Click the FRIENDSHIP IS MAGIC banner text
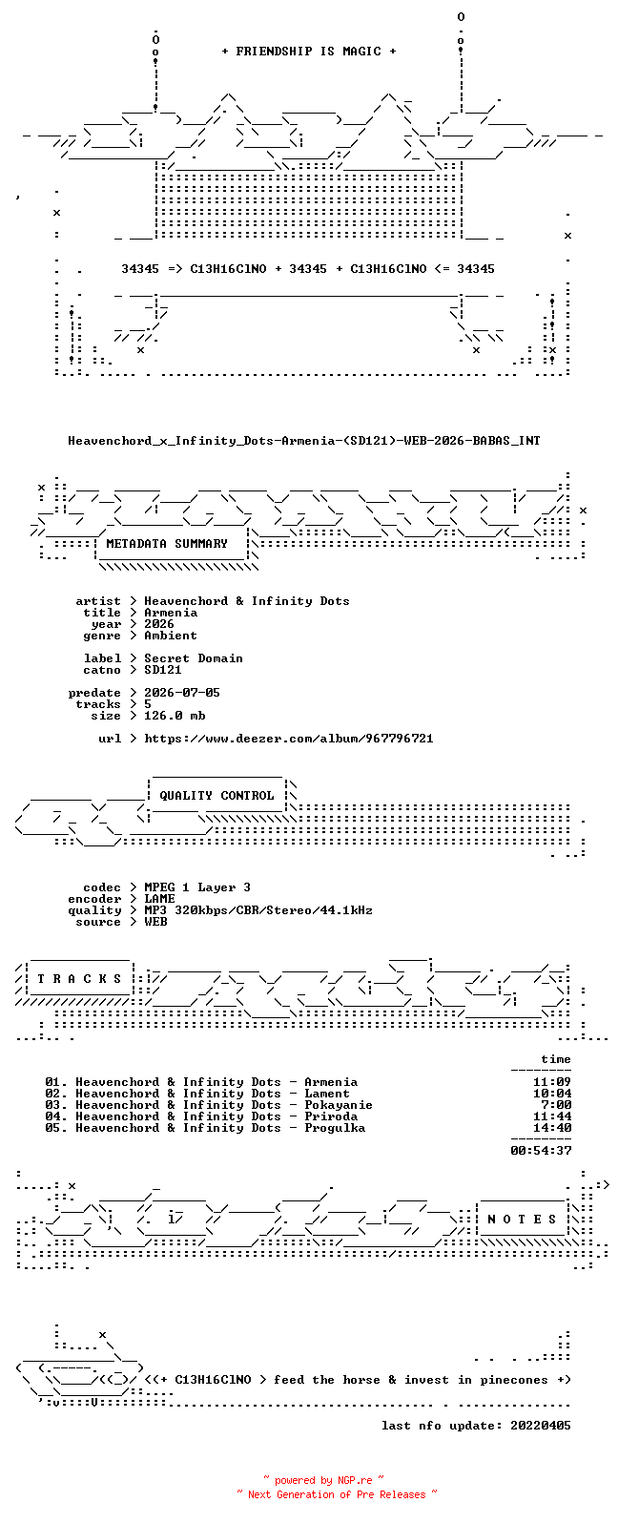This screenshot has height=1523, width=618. point(309,51)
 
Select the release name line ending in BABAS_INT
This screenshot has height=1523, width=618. point(304,441)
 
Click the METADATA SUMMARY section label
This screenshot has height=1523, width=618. point(167,543)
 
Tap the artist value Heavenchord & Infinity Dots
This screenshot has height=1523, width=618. point(247,601)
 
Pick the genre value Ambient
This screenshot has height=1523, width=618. point(171,635)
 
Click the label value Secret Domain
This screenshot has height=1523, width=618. point(193,658)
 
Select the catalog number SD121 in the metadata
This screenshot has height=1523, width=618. point(162,670)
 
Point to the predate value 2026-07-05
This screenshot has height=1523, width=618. point(181,692)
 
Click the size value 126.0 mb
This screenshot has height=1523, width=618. point(175,716)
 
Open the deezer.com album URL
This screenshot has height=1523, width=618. point(288,739)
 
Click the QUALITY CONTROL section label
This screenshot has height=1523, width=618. point(216,796)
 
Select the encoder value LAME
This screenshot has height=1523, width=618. point(159,899)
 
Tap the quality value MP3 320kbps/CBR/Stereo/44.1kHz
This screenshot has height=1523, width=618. point(258,910)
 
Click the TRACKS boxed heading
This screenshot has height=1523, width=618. point(79,978)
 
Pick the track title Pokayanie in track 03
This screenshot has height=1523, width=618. point(338,1105)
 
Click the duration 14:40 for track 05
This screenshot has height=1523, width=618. point(552,1128)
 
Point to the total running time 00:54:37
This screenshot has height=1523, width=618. point(541,1151)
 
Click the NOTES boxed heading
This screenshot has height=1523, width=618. point(522,1220)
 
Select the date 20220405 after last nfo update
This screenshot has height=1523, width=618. point(541,1425)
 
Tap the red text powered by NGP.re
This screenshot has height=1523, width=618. point(323,1480)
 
